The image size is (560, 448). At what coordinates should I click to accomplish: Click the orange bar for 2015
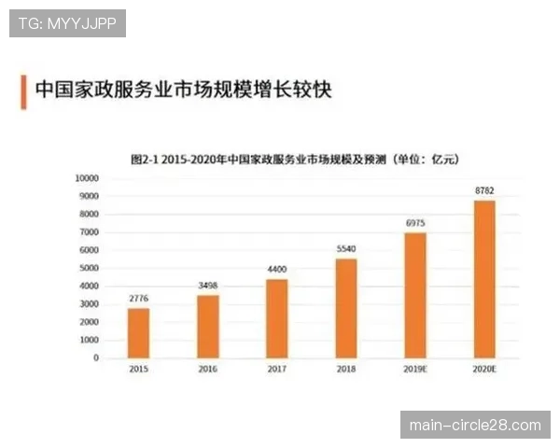click(138, 332)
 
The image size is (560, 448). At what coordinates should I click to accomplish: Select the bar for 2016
click(207, 326)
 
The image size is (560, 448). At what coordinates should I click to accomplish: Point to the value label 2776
click(138, 299)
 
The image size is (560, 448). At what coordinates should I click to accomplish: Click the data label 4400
click(277, 270)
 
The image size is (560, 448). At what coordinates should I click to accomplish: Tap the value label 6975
click(415, 224)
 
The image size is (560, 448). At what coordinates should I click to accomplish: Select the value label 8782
click(484, 191)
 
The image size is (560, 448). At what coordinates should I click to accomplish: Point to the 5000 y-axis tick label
click(90, 268)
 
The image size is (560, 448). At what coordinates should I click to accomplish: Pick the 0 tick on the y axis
click(96, 357)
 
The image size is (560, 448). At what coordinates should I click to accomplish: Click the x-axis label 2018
click(346, 371)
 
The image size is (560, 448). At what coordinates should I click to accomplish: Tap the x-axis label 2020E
click(484, 371)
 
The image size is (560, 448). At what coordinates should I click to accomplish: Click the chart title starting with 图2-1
click(293, 160)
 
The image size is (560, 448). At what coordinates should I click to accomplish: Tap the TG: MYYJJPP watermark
click(67, 22)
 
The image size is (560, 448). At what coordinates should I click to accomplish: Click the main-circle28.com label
click(475, 426)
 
